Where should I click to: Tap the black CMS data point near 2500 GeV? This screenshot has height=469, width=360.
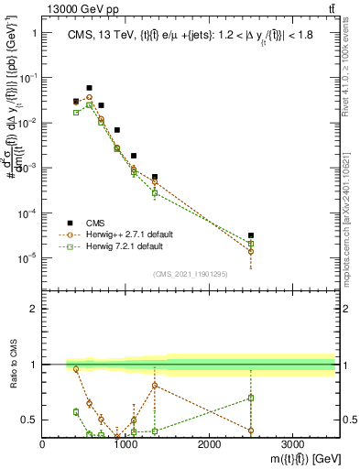(251, 235)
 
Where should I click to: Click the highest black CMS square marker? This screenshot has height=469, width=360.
(89, 88)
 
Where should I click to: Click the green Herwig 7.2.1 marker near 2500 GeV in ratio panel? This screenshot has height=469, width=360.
(251, 398)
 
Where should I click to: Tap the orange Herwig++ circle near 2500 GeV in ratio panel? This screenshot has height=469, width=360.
(251, 431)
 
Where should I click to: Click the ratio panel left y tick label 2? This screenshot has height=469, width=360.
(34, 309)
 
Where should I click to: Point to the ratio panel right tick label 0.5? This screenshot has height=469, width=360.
(348, 420)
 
